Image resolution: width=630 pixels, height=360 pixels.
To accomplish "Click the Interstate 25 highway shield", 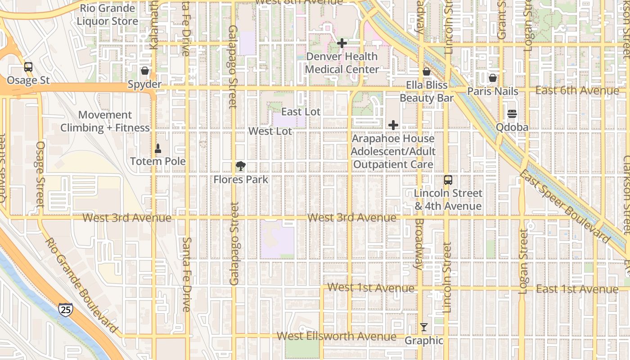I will point(65,309).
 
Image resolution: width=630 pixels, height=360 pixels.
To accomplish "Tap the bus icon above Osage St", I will point(28,67).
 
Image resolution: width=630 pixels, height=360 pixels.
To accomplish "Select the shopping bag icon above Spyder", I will point(144,71).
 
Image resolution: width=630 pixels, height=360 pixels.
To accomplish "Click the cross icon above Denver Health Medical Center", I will point(342,43).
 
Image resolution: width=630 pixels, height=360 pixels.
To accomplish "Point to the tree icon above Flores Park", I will point(241,166).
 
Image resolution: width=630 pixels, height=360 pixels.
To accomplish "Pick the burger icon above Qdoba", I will point(512,114).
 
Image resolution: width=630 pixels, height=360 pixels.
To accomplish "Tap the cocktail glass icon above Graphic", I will point(424,327).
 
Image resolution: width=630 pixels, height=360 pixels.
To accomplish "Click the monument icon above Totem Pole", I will point(158,148).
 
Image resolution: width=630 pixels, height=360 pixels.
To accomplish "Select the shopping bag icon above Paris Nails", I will point(493,78).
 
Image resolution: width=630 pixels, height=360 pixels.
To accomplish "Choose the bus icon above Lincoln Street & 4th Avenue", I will point(448,180).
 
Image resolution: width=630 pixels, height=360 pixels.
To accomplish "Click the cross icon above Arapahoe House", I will point(393,125).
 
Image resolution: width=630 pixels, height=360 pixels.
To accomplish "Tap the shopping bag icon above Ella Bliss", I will point(427,72).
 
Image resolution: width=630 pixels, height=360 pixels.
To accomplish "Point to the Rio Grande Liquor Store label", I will point(107,15).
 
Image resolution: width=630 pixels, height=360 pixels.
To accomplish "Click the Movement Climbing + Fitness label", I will point(105,121).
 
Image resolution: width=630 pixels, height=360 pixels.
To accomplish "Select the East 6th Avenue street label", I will point(577,91).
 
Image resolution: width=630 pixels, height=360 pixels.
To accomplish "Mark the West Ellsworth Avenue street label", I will point(337,336).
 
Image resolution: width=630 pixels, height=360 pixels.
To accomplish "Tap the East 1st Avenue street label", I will point(577,289).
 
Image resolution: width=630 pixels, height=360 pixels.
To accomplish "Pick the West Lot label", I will point(270,131).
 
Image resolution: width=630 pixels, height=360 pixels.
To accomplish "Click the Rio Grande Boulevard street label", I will point(81,285).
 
